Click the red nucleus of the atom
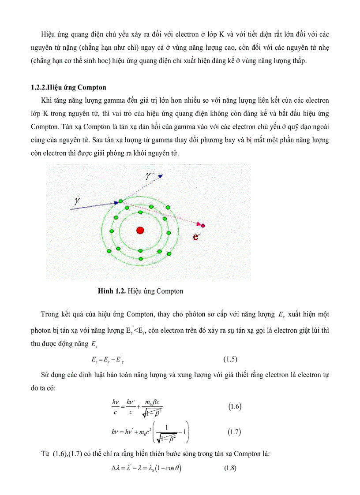(140, 230)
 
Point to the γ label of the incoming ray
(77, 201)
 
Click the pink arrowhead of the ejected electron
(202, 225)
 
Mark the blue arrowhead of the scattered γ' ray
(161, 176)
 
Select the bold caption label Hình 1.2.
(112, 291)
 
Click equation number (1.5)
(230, 359)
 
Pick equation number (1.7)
(234, 432)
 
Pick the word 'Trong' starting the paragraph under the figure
(50, 314)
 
